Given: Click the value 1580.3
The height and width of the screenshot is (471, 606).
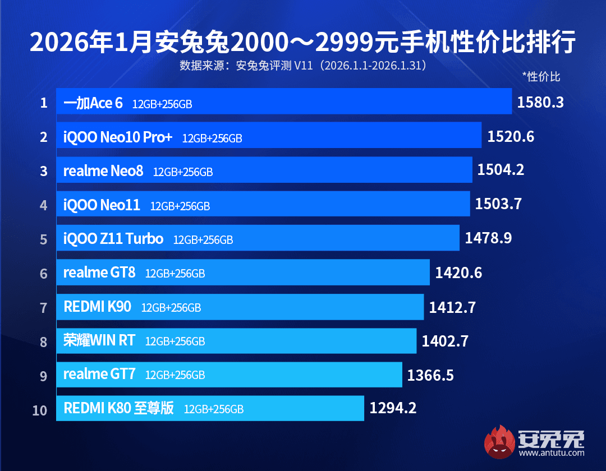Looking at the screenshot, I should tap(540, 103).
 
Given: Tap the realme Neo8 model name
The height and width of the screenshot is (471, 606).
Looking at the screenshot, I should tap(103, 170).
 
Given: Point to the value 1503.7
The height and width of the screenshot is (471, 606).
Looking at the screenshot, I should tap(498, 204).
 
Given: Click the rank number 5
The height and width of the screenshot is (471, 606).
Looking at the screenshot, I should tap(44, 239).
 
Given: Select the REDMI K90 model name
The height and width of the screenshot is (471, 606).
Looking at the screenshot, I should tap(98, 307).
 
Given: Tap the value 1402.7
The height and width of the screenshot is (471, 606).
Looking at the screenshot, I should tap(445, 340).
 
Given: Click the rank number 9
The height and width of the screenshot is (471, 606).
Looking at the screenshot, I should tap(44, 375).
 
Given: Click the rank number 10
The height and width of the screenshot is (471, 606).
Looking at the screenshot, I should tap(40, 410).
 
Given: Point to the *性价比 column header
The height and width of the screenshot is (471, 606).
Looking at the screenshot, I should tap(541, 76).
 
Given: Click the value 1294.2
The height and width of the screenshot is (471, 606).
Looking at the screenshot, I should tap(393, 408).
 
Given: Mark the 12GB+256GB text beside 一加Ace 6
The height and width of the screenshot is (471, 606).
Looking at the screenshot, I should tap(162, 104).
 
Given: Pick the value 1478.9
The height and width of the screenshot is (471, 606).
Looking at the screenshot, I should tap(488, 238).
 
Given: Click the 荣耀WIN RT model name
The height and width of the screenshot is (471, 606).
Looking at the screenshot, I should tap(99, 340).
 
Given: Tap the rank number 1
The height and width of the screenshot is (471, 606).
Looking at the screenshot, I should tap(44, 103).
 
